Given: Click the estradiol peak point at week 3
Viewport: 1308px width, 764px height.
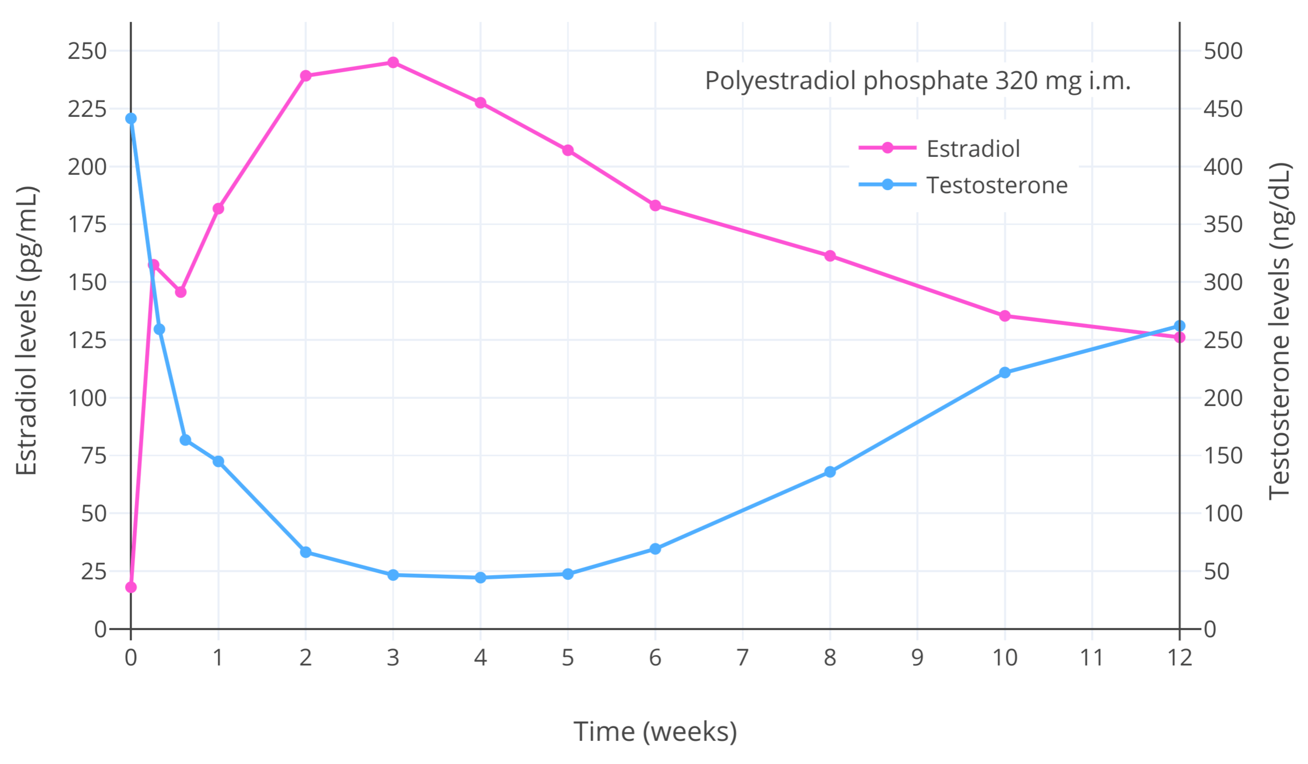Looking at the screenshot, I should tap(393, 63).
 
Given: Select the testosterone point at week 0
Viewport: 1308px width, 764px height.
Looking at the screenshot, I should tap(131, 119).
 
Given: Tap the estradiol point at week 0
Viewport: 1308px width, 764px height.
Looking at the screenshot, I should tap(131, 588).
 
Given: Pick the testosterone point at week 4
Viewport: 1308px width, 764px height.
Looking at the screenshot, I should tap(481, 578).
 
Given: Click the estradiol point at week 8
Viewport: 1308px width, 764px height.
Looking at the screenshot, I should tap(830, 256).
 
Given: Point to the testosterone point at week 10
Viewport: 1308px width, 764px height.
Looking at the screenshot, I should tap(1005, 373).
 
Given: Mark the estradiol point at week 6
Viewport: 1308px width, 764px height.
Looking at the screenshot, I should tap(655, 206).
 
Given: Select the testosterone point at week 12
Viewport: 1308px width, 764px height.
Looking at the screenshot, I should tap(1179, 326).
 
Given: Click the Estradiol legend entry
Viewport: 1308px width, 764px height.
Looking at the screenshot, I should tap(973, 148).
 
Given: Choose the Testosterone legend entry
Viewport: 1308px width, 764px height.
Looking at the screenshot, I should tap(997, 185).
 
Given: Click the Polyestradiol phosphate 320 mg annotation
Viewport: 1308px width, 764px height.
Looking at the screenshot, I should tap(917, 81).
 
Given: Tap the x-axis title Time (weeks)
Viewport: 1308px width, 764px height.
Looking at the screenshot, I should tap(655, 732).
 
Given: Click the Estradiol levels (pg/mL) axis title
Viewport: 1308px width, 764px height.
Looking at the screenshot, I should tap(27, 330).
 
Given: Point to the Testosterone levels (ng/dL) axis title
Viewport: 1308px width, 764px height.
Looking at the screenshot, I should tap(1279, 331).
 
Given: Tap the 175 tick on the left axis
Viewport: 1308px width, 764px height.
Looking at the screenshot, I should tap(87, 225).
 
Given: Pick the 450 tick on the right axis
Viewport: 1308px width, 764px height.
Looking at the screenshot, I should tap(1223, 109).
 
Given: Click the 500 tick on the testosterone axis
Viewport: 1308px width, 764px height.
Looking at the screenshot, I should tap(1223, 51).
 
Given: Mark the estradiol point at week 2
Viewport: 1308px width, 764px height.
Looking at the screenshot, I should tap(306, 76).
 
